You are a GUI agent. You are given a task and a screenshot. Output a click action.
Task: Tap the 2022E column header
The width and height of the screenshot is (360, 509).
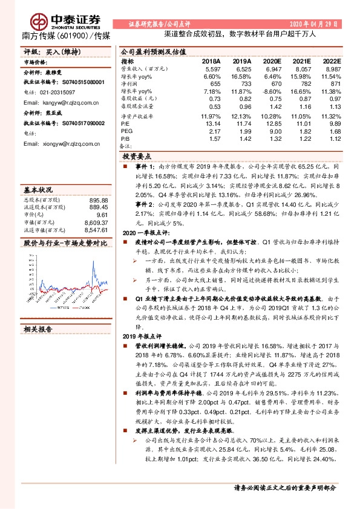(x=332, y=62)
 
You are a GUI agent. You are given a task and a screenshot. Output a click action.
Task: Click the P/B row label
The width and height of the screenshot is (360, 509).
(x=125, y=138)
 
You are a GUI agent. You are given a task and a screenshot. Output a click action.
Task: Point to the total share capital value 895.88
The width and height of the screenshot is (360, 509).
(x=97, y=200)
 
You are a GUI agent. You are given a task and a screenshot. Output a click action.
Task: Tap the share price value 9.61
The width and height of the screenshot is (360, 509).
(x=102, y=215)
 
